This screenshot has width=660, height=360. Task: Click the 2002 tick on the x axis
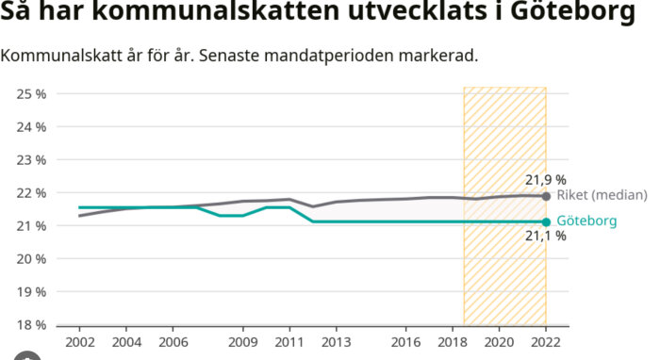(78, 344)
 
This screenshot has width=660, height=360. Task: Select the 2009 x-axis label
(242, 344)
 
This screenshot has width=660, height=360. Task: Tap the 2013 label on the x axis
(336, 344)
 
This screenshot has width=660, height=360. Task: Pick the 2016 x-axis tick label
(405, 344)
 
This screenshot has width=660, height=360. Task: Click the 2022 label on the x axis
(546, 344)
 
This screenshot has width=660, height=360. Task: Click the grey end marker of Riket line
(546, 196)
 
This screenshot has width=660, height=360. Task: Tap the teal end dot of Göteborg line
(546, 222)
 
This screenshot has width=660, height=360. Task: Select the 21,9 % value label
(545, 179)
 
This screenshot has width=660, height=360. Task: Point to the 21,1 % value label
(545, 237)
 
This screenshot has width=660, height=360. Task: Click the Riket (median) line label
(602, 195)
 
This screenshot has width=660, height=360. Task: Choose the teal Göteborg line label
(586, 221)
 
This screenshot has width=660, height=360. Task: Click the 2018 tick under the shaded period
(453, 344)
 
